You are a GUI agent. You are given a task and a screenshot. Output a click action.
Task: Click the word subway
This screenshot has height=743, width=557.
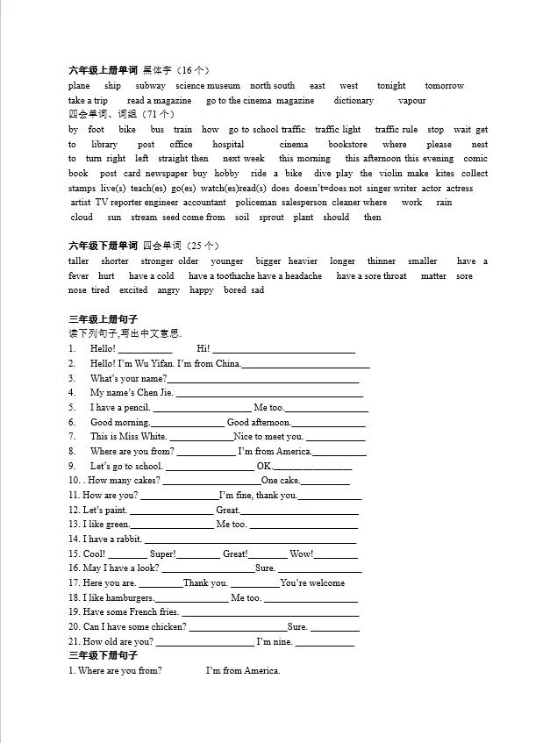point(150,86)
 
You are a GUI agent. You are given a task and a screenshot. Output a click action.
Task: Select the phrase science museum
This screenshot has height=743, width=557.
point(207,86)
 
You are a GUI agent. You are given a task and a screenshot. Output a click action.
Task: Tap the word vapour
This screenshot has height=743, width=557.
point(411,101)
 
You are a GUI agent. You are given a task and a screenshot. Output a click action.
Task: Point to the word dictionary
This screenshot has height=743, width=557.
point(353,101)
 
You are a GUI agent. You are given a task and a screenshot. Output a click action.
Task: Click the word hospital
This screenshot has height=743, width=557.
point(228,145)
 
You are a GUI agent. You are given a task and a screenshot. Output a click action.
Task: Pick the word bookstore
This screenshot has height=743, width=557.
point(347,145)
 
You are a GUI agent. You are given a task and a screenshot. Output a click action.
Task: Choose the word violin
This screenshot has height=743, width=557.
point(390,174)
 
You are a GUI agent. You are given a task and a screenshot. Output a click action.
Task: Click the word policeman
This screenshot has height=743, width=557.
point(255,203)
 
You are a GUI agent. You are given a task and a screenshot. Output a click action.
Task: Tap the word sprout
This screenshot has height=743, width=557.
point(271,218)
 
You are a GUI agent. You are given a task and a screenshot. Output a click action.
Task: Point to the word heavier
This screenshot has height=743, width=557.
point(303,261)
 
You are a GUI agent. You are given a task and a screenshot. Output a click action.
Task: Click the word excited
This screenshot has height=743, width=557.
point(133,290)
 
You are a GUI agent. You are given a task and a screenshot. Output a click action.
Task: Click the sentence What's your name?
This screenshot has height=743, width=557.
point(128,379)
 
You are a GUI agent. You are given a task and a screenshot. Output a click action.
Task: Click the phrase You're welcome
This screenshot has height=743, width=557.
point(312,583)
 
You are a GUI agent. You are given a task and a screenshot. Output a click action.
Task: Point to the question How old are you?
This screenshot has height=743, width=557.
point(118,642)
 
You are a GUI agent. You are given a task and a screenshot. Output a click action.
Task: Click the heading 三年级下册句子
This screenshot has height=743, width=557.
point(103,656)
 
